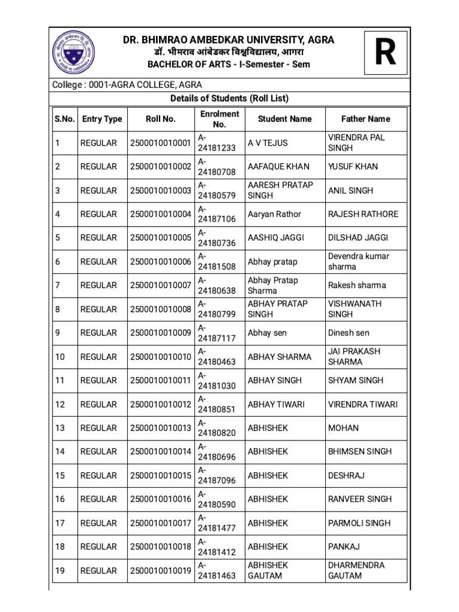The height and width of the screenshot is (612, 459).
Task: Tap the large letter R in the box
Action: tap(385, 53)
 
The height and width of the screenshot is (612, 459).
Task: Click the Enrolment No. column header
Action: tap(219, 119)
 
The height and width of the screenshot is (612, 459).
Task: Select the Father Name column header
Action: tap(365, 119)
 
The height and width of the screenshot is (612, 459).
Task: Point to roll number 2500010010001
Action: tap(160, 143)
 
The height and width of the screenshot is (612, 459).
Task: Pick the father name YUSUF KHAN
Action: tap(353, 167)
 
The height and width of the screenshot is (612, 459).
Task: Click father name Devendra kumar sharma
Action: tap(358, 261)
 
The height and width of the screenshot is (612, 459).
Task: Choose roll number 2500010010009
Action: tap(160, 333)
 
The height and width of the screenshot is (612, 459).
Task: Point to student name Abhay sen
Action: tap(267, 333)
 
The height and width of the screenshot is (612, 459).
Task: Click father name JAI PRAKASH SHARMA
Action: tap(354, 357)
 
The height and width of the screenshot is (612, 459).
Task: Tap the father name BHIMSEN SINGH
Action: tap(360, 452)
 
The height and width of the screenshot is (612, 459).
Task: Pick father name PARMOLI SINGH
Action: tap(359, 523)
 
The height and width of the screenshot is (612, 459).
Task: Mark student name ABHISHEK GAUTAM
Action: tap(268, 570)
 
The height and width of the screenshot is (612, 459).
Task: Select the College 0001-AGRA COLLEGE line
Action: tap(127, 85)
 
